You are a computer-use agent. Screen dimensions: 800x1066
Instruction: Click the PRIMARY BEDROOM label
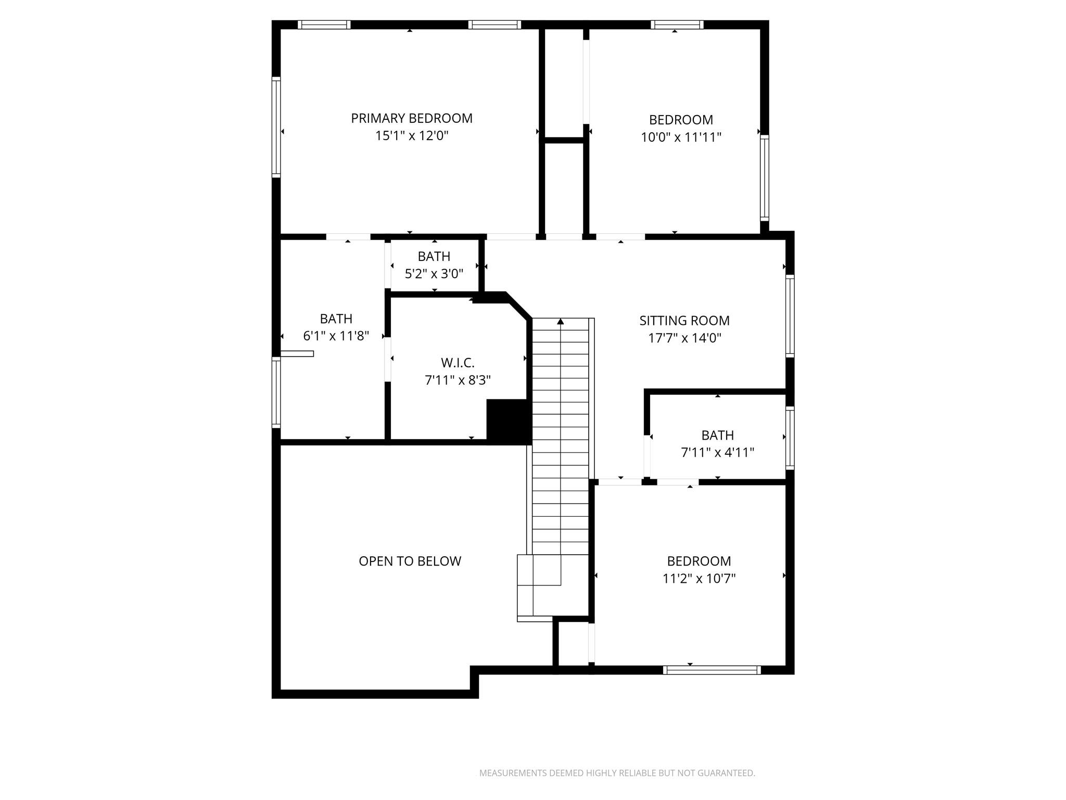[x=411, y=118]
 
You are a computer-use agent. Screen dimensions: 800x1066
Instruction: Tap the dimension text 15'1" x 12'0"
[x=411, y=136]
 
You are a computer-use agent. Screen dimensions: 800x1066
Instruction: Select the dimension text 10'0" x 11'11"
[x=681, y=137]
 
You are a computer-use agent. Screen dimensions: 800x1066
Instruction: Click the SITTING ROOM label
[x=684, y=320]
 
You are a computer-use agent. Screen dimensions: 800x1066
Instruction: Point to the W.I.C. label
[x=458, y=362]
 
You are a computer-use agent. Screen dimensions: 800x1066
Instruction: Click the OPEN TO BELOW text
[x=410, y=561]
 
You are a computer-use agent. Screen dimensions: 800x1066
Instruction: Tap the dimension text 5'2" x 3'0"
[x=434, y=273]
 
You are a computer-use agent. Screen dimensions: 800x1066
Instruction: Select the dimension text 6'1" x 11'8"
[x=336, y=336]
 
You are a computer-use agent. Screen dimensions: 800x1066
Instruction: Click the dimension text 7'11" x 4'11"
[x=717, y=452]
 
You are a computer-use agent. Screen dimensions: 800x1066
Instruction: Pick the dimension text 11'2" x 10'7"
[x=699, y=579]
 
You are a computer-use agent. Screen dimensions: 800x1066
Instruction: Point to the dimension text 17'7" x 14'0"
[x=684, y=338]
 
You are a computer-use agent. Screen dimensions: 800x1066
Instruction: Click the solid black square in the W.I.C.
[x=507, y=421]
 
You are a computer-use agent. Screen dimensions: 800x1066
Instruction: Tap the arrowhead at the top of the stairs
[x=560, y=321]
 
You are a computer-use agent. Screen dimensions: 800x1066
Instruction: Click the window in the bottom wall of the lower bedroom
[x=712, y=670]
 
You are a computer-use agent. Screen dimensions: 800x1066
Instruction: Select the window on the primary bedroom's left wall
[x=276, y=127]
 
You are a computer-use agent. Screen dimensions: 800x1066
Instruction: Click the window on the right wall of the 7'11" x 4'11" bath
[x=790, y=438]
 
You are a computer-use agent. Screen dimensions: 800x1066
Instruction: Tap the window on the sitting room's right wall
[x=790, y=316]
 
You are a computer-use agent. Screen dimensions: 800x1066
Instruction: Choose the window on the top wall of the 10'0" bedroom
[x=677, y=24]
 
